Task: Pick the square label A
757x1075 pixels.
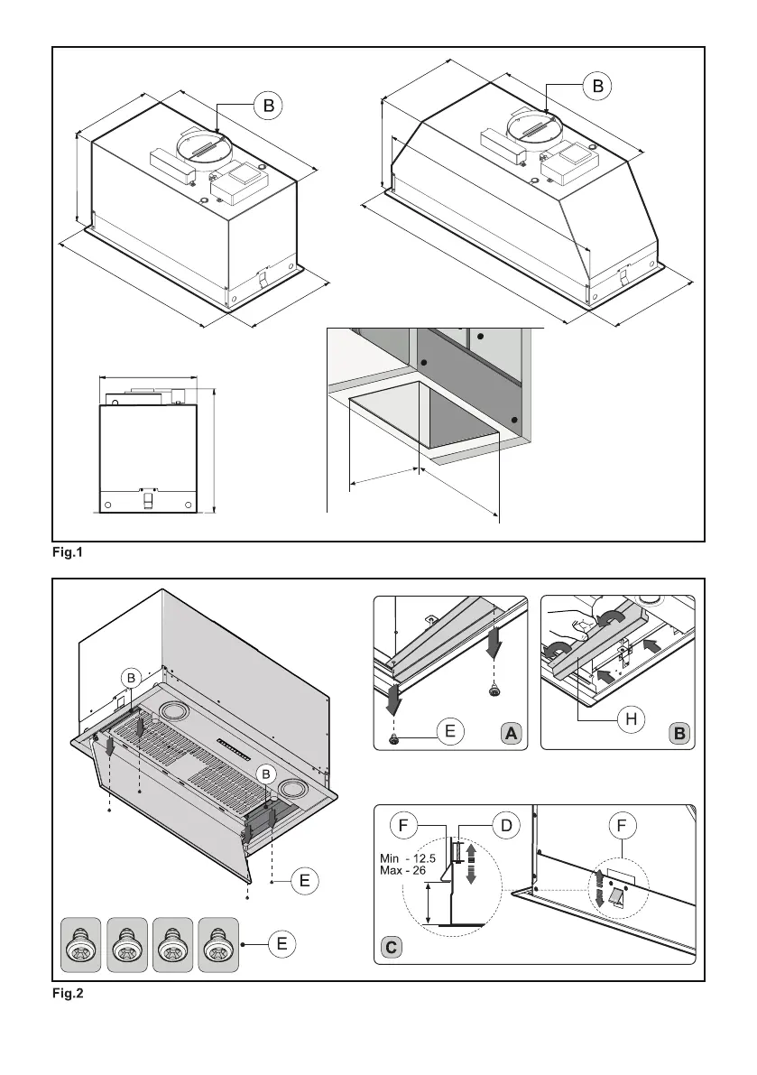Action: [x=512, y=734]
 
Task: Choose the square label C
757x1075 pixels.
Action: [x=391, y=949]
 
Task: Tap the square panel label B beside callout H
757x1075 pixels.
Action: [x=679, y=734]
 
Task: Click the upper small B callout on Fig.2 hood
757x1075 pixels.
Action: [x=130, y=676]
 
